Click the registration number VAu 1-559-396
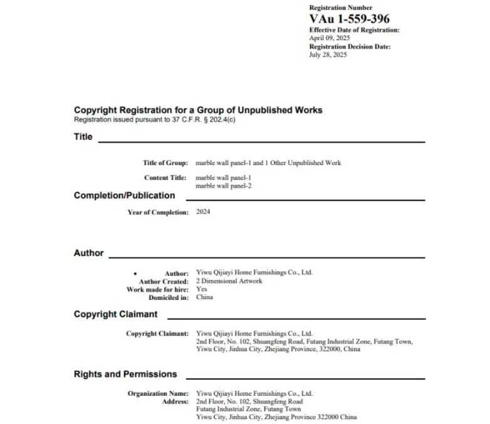pos(349,19)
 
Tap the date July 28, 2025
pos(327,55)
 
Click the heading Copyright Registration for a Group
pos(198,110)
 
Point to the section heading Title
pos(83,137)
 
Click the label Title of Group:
pos(165,163)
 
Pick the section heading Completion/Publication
pos(125,195)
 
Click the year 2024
pos(203,211)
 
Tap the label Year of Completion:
pos(158,212)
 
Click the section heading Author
pos(88,253)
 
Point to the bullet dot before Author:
pos(135,274)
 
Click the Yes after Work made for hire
pos(201,289)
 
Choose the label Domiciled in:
pos(168,297)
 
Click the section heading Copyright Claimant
pos(116,314)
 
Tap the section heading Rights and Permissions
pos(125,374)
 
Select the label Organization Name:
pos(158,394)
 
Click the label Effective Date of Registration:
pos(354,30)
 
